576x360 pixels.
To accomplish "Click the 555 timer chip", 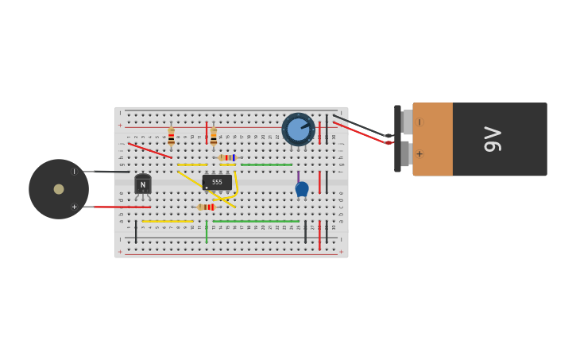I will (217, 182).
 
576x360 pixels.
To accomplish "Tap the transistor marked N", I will (143, 184).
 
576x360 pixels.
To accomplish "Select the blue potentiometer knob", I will (298, 129).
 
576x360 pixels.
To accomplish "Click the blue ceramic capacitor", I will (302, 189).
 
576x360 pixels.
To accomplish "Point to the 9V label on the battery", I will (493, 139).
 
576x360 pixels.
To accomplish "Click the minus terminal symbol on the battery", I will (419, 122).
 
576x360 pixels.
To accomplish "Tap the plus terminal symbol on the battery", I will (419, 154).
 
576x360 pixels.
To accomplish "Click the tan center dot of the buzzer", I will (59, 189).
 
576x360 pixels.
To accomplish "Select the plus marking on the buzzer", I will (74, 207).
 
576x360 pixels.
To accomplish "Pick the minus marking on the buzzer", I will (74, 172).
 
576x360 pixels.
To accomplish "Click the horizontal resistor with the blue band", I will (227, 157).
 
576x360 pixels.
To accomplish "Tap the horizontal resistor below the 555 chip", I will (207, 207).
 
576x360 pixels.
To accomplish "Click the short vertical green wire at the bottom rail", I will (207, 233).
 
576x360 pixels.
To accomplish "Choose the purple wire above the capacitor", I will (299, 176).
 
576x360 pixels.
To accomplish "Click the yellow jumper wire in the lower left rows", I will (168, 221).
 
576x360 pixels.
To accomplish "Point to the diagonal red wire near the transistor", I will (150, 150).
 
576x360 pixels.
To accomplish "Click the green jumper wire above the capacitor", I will (266, 165).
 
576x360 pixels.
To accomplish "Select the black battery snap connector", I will (397, 139).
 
